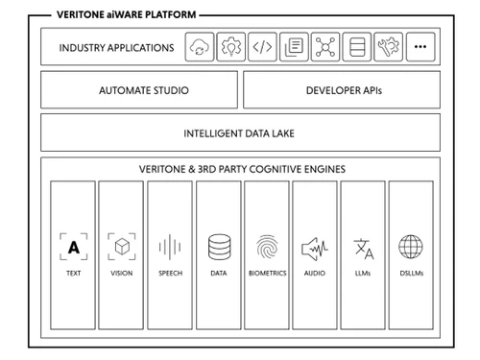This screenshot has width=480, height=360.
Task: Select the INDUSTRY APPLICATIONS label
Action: (116, 47)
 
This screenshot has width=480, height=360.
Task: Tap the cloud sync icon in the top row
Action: (201, 47)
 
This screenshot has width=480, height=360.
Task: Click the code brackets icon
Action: (262, 47)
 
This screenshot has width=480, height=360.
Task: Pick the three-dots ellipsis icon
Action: (420, 47)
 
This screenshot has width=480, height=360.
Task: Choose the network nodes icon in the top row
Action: (325, 47)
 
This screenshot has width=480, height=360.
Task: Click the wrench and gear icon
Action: (388, 47)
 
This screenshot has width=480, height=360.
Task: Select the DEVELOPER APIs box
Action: (342, 90)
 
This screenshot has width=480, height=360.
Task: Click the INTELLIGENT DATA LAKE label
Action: (240, 132)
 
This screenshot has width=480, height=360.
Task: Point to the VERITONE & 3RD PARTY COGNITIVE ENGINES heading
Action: (240, 169)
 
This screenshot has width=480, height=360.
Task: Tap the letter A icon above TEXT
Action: (74, 247)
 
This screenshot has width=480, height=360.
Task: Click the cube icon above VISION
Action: (122, 247)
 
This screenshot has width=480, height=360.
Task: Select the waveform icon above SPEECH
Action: (170, 247)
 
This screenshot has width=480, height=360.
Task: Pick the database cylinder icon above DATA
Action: (219, 247)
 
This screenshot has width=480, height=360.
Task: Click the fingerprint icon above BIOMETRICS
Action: (267, 247)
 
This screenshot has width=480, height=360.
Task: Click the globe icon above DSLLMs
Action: (411, 247)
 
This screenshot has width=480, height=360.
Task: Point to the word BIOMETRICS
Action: (267, 274)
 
